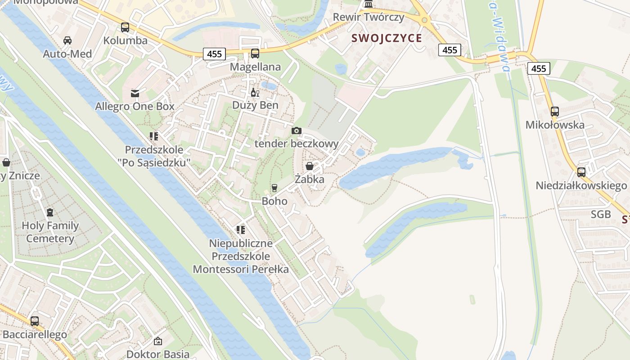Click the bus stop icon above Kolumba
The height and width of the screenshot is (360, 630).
pos(125,27)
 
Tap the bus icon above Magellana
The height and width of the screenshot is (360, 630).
pos(255,54)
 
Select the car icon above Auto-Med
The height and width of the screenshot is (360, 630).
pos(67,40)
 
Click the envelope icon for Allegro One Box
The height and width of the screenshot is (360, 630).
pos(135,94)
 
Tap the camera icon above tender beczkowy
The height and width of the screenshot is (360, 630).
pos(296,131)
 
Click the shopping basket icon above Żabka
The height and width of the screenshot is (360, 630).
pos(310,166)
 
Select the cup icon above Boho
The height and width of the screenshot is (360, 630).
pos(274,188)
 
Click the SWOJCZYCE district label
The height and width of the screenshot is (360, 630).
pos(387,38)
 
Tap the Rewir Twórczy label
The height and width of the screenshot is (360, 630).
pos(369,17)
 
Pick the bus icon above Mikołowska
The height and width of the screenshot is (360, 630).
pos(555,112)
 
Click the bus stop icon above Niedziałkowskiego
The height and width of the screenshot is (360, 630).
pos(581,172)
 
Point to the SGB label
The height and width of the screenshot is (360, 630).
pos(601,214)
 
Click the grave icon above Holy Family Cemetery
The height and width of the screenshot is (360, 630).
pos(50,212)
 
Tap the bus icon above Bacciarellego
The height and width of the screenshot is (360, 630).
pos(35,321)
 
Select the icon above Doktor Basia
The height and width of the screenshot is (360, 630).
pos(157,341)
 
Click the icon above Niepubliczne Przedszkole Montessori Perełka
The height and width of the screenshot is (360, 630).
pos(241,230)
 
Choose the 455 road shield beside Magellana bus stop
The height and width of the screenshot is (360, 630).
pos(215,54)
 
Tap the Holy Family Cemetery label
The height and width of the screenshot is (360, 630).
pos(50,232)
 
